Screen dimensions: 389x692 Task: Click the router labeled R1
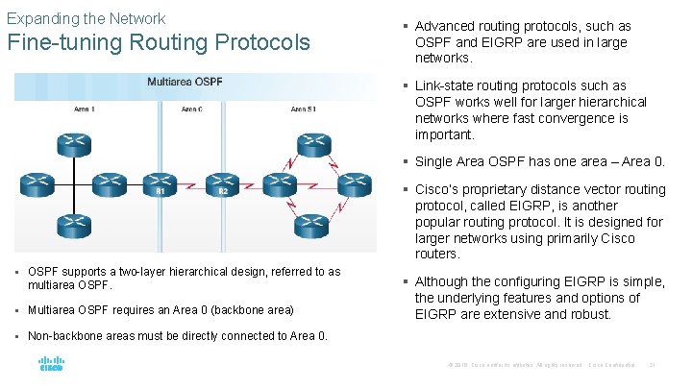point(160,182)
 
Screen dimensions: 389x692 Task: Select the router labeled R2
point(221,182)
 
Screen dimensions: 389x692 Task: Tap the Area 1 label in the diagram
point(85,109)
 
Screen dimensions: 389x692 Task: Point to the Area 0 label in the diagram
point(191,109)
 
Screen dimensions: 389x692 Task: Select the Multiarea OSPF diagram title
point(185,82)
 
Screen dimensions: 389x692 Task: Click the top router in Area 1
point(73,144)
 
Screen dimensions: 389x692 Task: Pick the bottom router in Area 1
point(73,227)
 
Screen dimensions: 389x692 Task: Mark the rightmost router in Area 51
point(354,182)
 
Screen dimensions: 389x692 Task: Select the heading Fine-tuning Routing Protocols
point(159,43)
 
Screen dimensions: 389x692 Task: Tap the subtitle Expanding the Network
point(86,18)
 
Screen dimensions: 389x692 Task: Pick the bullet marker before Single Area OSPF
point(408,161)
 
